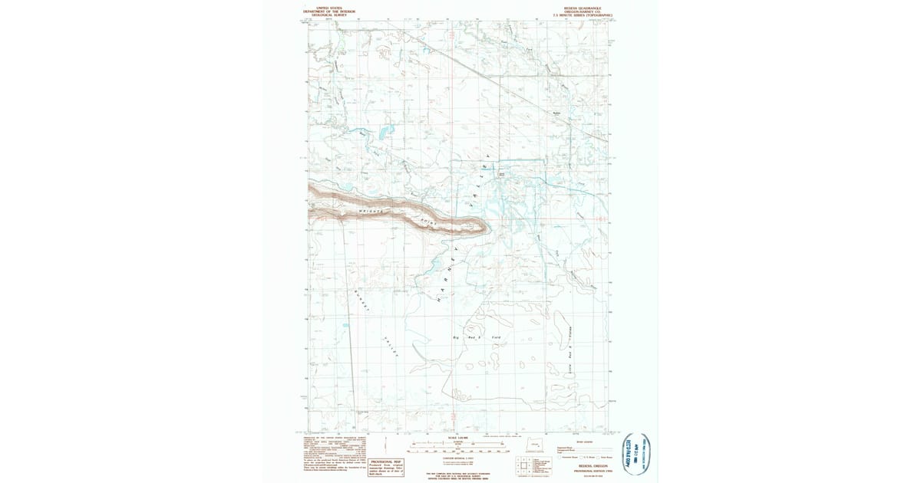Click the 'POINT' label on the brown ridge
pyautogui.click(x=425, y=220)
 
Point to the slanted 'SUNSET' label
pyautogui.click(x=361, y=301)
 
